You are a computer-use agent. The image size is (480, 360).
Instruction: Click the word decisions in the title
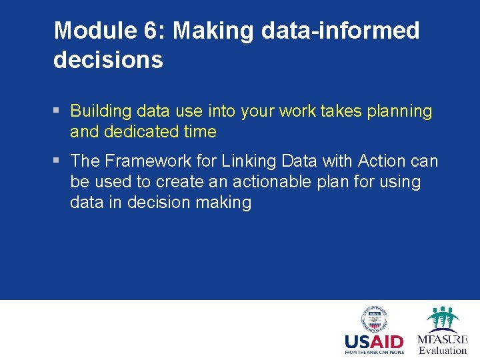coord(108,60)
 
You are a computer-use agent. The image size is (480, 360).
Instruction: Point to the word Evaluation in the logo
coord(443,351)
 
